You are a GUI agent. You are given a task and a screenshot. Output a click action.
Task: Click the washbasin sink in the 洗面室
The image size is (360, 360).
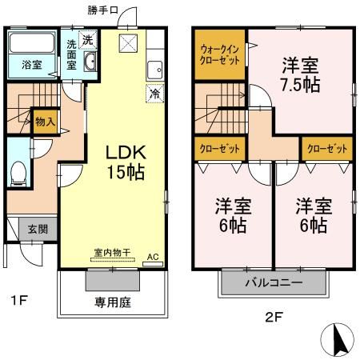[x=89, y=65]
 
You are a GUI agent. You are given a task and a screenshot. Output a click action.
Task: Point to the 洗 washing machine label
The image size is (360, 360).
[x=88, y=39]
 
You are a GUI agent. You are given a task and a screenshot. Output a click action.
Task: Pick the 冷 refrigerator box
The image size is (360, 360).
[x=153, y=94]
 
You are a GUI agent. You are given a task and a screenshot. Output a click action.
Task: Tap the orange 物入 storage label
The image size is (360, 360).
[x=46, y=122]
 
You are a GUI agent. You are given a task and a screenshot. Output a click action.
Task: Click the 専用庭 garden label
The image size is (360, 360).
[x=113, y=303]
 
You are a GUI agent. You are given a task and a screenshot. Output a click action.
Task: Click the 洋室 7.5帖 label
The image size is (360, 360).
[x=300, y=74]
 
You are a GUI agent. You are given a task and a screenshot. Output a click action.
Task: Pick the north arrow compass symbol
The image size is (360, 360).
[x=339, y=341]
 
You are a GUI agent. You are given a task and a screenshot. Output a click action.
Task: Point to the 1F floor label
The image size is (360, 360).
[x=19, y=301]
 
